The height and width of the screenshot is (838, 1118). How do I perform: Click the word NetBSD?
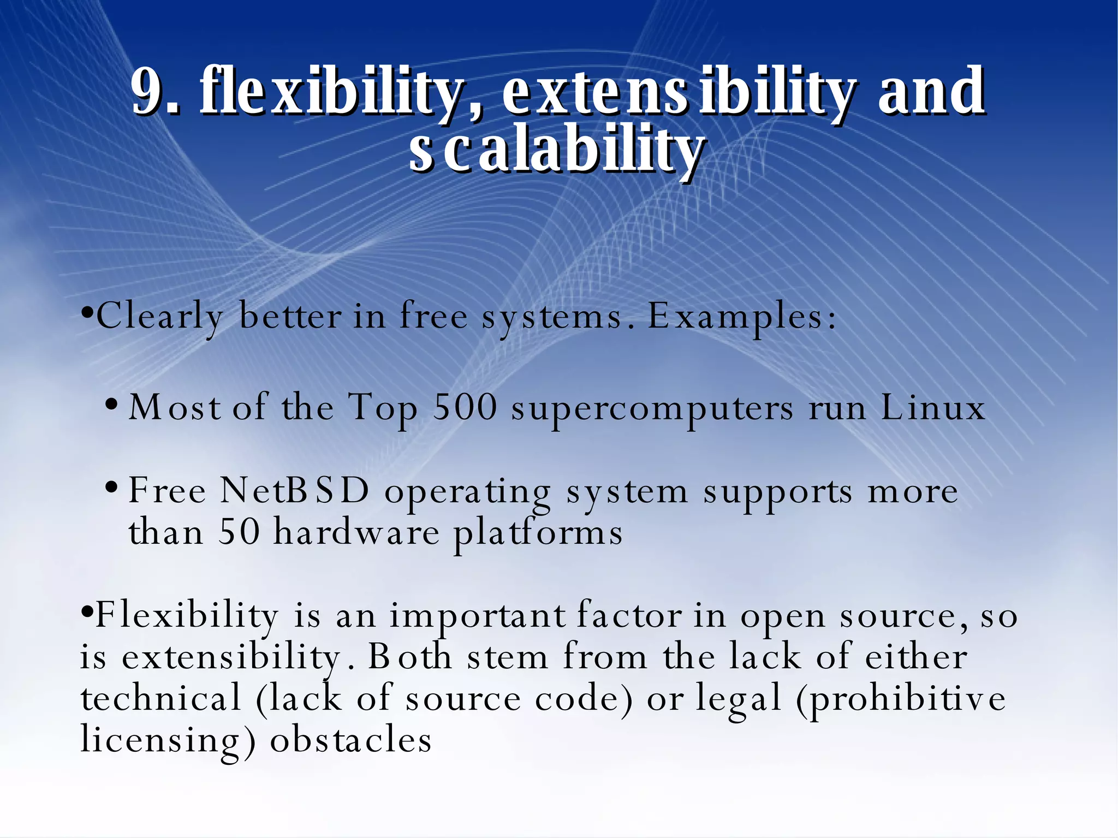pyautogui.click(x=295, y=491)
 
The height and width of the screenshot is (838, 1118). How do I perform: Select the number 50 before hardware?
pyautogui.click(x=239, y=532)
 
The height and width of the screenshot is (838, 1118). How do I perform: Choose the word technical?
pyautogui.click(x=161, y=698)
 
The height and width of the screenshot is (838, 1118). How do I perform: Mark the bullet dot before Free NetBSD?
pyautogui.click(x=111, y=487)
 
